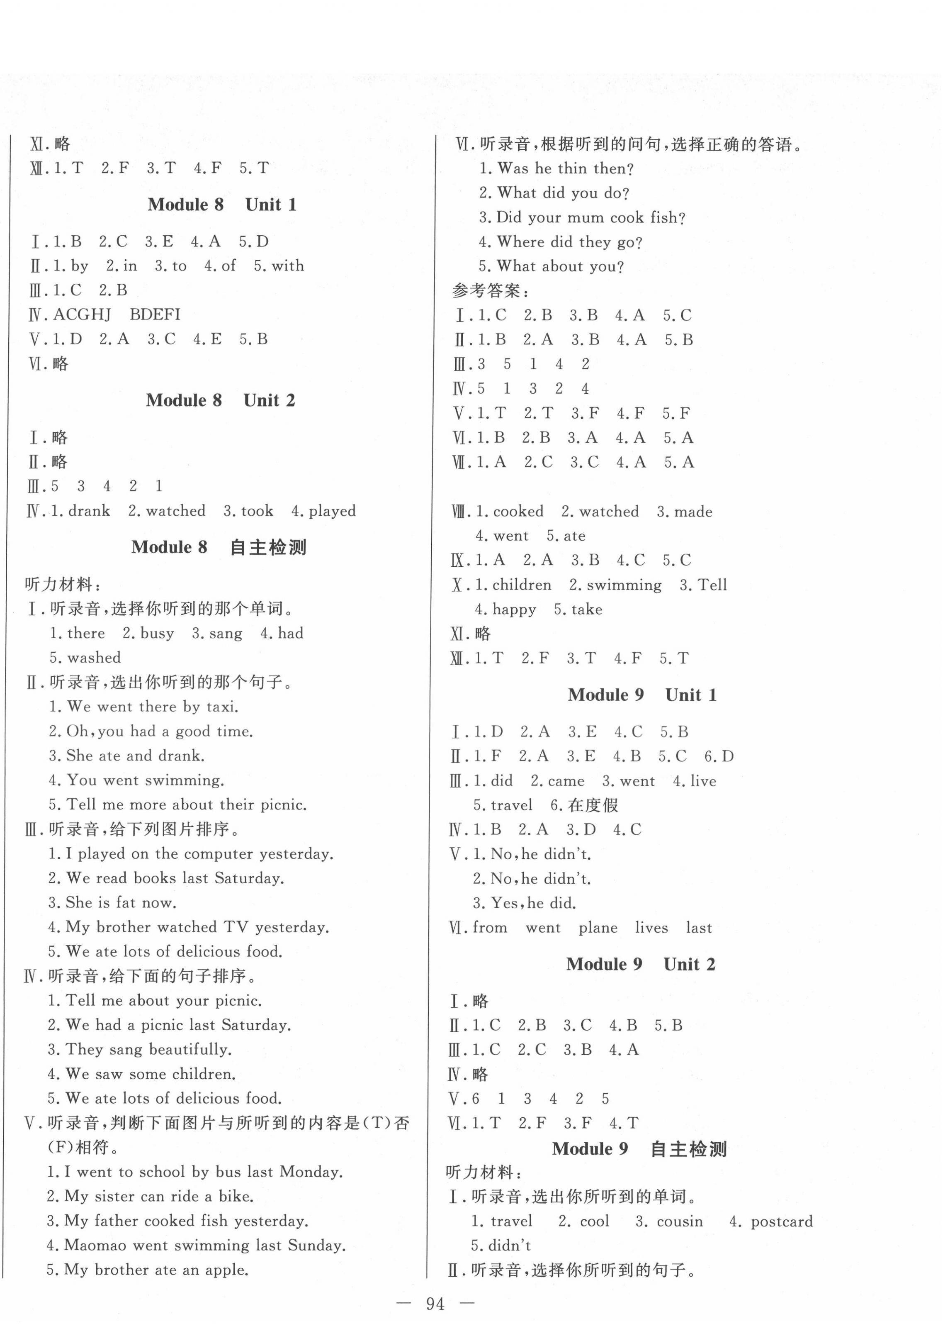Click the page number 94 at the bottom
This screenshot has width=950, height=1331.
pos(435,1304)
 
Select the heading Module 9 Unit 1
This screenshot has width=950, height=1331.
pos(642,695)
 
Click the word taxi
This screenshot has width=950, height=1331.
pos(222,707)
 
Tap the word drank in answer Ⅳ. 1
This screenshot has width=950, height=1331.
pos(89,511)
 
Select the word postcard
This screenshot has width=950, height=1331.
pos(782,1221)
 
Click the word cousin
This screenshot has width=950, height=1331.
pos(680,1221)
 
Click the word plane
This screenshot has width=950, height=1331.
pos(598,928)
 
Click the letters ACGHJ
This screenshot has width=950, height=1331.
pos(82,315)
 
